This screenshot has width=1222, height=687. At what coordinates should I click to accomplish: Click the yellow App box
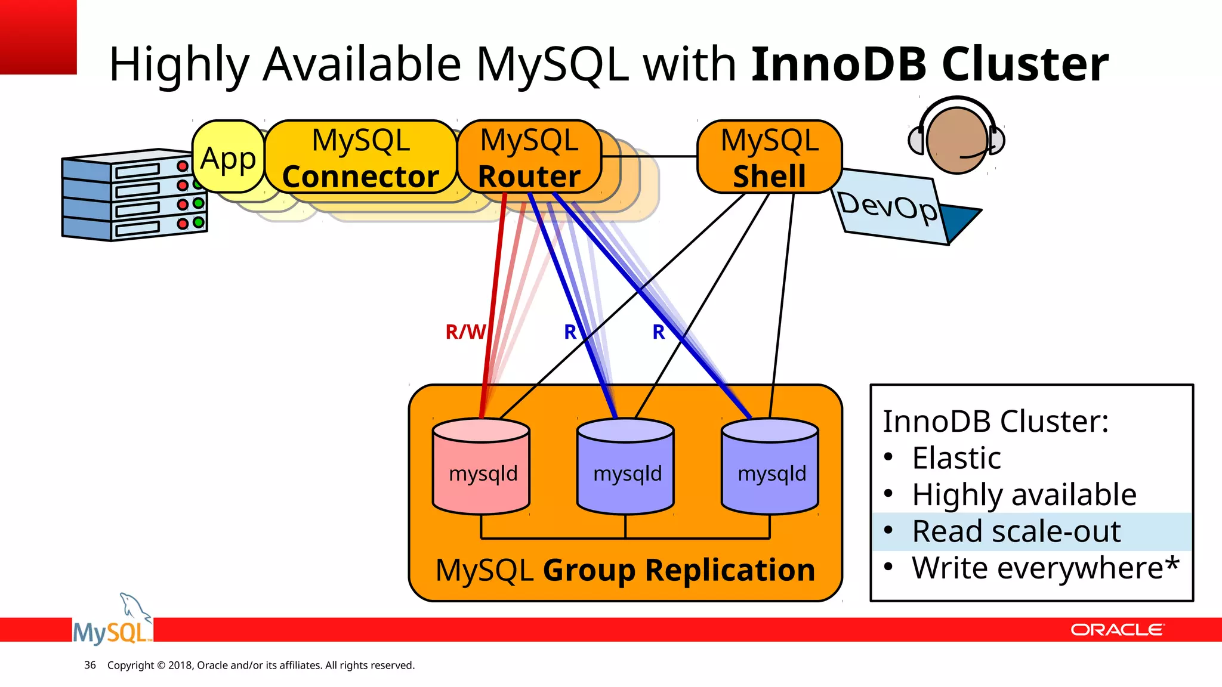click(228, 157)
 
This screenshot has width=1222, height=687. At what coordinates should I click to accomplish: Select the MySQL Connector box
click(360, 157)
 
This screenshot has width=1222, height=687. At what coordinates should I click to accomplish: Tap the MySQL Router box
click(529, 157)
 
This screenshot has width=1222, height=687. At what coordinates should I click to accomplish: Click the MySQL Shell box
click(769, 157)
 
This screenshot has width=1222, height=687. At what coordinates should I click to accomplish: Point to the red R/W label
click(465, 332)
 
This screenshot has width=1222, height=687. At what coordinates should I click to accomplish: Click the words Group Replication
click(678, 570)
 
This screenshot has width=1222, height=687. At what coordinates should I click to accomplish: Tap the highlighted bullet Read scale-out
click(1016, 531)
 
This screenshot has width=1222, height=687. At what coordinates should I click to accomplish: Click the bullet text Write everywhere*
click(1045, 568)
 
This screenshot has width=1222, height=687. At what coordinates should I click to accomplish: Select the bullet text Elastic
click(956, 458)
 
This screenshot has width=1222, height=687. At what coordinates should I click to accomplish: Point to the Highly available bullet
click(1024, 494)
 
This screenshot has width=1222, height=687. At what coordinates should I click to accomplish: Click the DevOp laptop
click(895, 208)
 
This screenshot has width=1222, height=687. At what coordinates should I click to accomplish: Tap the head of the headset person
click(956, 141)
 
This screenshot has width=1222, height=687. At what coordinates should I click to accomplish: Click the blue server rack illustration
click(134, 196)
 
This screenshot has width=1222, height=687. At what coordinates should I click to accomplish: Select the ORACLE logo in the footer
click(1116, 630)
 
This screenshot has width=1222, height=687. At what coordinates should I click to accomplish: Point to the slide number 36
click(90, 665)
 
